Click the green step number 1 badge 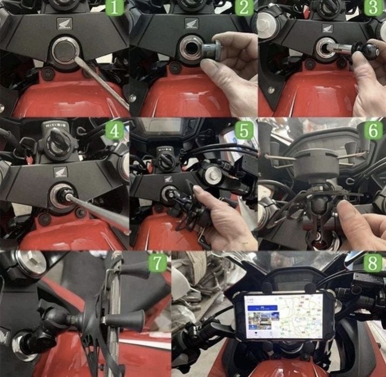click(x=116, y=9)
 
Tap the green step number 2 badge click(x=244, y=9)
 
